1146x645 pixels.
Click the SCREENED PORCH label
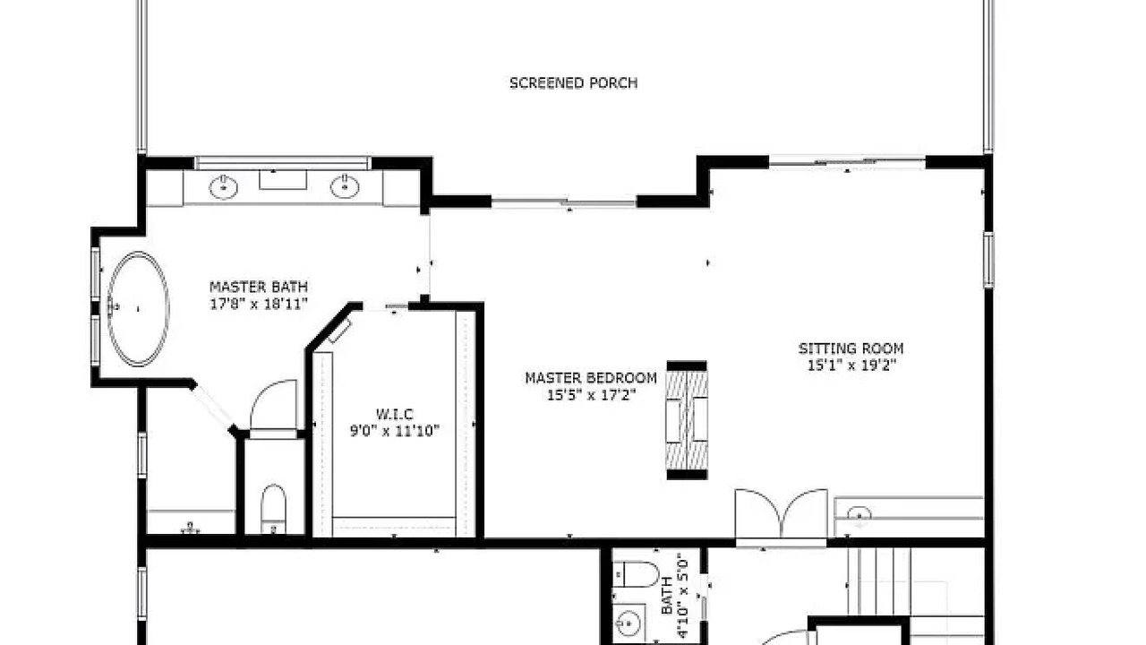[574, 83]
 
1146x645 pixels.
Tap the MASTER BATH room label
[259, 287]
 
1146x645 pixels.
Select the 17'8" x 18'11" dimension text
[259, 304]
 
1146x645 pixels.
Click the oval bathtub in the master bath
[138, 309]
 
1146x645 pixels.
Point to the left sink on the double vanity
[224, 187]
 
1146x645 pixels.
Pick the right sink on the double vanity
[345, 186]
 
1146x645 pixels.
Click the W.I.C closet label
[395, 414]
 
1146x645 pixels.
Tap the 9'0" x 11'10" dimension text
[395, 431]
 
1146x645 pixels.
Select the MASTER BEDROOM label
[591, 378]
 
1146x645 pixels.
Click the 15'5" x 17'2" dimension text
[591, 395]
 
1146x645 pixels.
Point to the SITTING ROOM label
[851, 348]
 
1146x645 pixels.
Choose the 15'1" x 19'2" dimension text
[851, 365]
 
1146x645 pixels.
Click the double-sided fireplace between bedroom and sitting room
[687, 420]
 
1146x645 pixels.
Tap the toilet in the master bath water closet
[273, 509]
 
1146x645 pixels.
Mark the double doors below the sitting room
[782, 513]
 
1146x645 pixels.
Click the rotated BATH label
[667, 596]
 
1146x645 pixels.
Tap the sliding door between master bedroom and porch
[564, 202]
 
